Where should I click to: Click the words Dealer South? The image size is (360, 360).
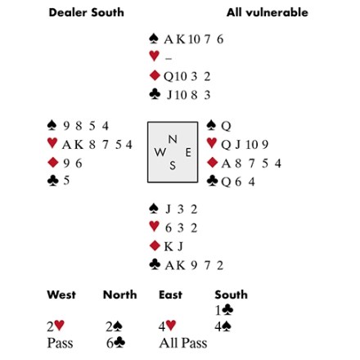pos(86,12)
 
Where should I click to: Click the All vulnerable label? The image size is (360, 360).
pos(268,12)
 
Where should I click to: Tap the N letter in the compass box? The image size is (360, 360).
pos(173,139)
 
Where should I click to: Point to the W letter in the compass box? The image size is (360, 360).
pos(160,152)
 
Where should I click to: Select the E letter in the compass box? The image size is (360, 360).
pos(188,152)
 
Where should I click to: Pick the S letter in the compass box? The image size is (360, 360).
pos(173,165)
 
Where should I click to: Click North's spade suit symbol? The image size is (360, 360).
pos(154,38)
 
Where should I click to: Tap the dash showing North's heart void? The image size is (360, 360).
pos(169,58)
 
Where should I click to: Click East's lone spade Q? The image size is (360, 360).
pos(226,126)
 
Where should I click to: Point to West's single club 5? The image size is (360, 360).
pos(66,181)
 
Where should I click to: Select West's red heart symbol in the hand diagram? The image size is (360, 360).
pos(52,142)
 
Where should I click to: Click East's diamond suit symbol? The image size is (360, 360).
pos(212,162)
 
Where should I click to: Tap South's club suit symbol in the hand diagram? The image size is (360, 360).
pos(155,264)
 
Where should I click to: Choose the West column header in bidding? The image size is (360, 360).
pos(61,295)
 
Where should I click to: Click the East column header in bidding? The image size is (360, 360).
pos(170,295)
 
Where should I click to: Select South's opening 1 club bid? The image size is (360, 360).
pos(224,310)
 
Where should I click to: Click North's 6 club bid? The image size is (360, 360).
pos(115,343)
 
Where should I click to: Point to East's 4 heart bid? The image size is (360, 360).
pos(167,326)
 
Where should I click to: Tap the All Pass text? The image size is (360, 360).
pos(183,343)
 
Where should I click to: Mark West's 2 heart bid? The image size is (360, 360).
pos(56,326)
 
